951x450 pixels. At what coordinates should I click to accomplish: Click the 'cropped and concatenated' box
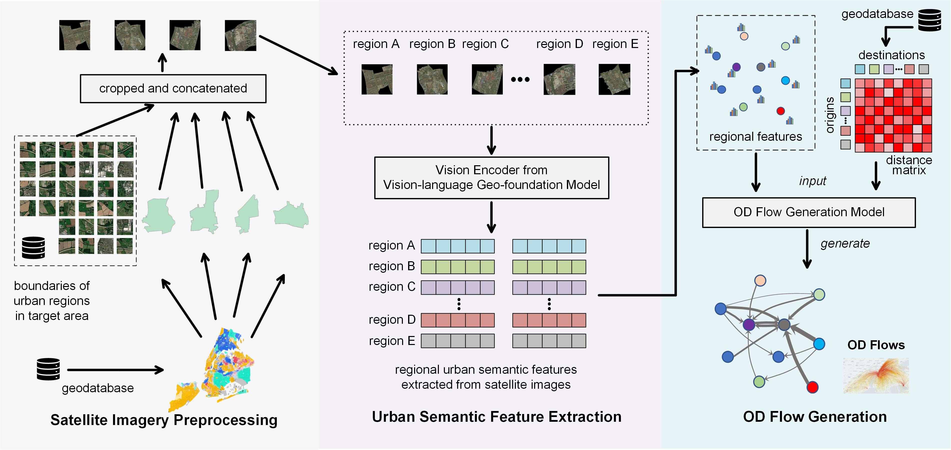point(173,88)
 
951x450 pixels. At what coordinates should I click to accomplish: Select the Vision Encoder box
point(491,177)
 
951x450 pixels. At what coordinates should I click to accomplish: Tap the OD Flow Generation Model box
point(808,212)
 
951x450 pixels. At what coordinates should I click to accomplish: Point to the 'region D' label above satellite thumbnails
point(559,44)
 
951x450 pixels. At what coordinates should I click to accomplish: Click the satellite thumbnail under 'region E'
point(614,79)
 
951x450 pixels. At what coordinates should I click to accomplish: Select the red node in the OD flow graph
point(812,387)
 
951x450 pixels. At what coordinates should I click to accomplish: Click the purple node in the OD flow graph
point(748,324)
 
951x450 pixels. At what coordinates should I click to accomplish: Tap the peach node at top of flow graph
point(760,280)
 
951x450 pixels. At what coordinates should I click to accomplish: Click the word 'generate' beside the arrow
point(845,244)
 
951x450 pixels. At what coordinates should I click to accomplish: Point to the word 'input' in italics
point(812,181)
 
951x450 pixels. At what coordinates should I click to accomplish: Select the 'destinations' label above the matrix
point(891,55)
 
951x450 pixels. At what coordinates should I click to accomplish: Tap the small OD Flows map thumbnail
point(876,375)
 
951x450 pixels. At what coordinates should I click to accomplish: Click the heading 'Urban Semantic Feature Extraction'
point(497,416)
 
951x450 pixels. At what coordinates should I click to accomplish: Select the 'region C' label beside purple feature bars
point(392,287)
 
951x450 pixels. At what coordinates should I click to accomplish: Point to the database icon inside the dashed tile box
point(33,247)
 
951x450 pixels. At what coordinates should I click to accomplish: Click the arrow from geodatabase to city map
point(115,369)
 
